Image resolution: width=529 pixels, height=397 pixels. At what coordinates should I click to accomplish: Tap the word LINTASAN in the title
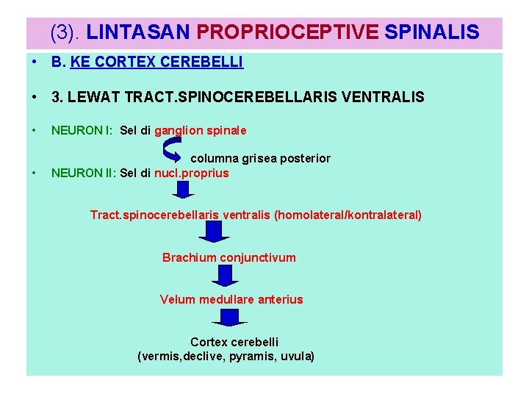click(139, 32)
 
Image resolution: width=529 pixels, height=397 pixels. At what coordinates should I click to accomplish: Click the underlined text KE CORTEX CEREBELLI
click(156, 63)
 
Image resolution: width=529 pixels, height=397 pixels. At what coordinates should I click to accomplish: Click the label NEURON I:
click(82, 131)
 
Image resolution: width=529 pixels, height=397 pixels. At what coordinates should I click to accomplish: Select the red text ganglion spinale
click(200, 131)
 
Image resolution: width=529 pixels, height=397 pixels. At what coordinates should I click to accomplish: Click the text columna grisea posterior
click(260, 159)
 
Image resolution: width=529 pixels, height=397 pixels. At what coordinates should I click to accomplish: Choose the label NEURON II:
click(83, 174)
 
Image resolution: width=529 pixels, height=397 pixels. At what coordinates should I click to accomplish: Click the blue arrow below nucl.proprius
click(184, 190)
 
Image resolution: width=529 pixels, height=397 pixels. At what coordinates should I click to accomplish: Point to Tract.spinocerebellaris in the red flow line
click(154, 215)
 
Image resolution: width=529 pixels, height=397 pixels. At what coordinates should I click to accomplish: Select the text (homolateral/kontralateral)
click(348, 215)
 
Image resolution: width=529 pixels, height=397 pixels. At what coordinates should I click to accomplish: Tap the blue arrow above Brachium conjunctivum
click(215, 232)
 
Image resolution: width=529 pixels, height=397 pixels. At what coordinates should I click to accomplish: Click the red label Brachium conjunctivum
click(229, 257)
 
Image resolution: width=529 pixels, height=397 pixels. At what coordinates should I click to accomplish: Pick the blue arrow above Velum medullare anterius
click(225, 275)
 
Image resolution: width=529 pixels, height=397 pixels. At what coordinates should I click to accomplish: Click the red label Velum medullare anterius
click(231, 299)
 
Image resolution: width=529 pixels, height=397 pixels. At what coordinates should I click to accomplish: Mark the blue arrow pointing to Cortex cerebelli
click(229, 318)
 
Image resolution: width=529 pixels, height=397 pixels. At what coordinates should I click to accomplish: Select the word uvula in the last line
click(298, 357)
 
